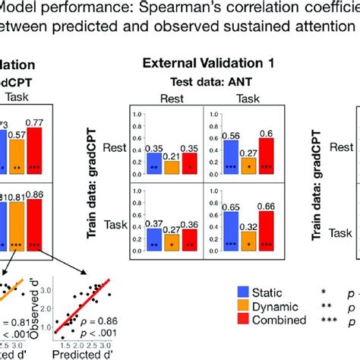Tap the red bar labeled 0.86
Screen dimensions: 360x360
pos(34,221)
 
